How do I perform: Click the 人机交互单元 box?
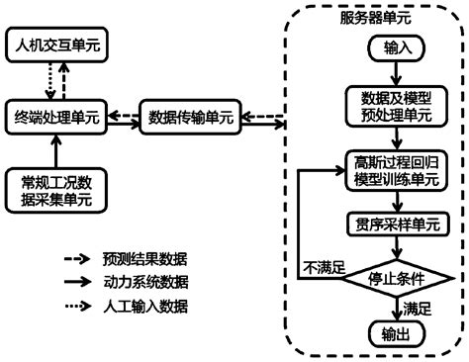(58, 45)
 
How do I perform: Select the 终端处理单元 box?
(58, 116)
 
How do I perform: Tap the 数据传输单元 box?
(191, 116)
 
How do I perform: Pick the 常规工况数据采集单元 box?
(58, 188)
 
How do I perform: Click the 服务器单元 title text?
(376, 17)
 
